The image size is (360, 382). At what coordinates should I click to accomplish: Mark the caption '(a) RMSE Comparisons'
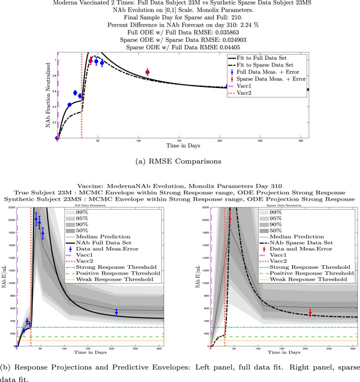tap(179, 156)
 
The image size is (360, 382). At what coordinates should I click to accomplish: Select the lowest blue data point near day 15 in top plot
tap(69, 105)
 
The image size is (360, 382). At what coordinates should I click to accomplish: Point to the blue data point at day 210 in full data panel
tap(116, 312)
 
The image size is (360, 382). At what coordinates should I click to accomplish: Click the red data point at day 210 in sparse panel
tap(310, 312)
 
